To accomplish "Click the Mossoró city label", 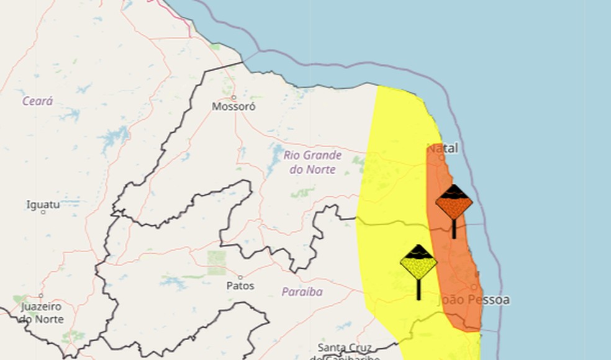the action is (233, 106).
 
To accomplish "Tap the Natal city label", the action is (443, 148).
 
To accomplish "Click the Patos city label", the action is (241, 286).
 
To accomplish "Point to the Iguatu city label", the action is (43, 204).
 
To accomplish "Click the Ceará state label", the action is (38, 101).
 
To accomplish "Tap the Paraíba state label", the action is (302, 291).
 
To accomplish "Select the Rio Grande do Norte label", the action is (313, 162).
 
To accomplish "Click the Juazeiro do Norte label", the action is (42, 313).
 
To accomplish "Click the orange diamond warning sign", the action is (454, 202).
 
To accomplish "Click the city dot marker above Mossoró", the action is (234, 97).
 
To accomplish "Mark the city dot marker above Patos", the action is (240, 277).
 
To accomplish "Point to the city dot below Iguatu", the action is (43, 212).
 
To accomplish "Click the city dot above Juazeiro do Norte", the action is (41, 295).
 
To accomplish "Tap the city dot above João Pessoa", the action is (474, 287).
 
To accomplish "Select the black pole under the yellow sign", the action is (419, 289).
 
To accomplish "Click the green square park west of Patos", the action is (217, 263).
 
